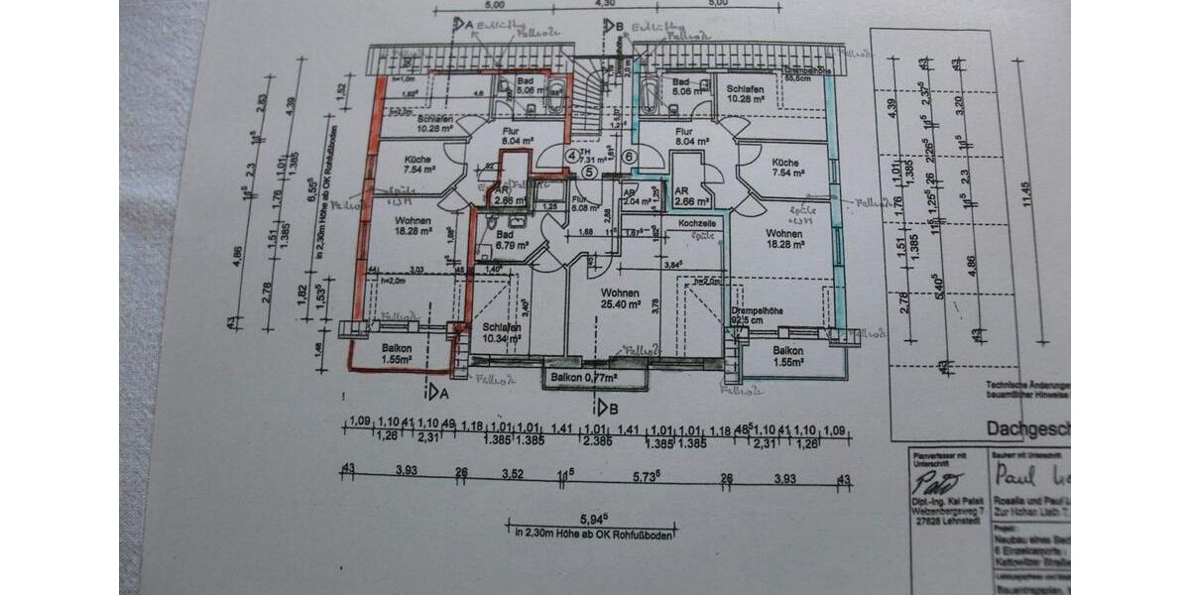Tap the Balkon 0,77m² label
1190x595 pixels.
coord(585,378)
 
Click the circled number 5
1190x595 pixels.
coord(589,172)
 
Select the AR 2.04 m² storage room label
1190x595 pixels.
coord(631,196)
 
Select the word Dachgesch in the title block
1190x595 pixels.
coord(1026,428)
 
